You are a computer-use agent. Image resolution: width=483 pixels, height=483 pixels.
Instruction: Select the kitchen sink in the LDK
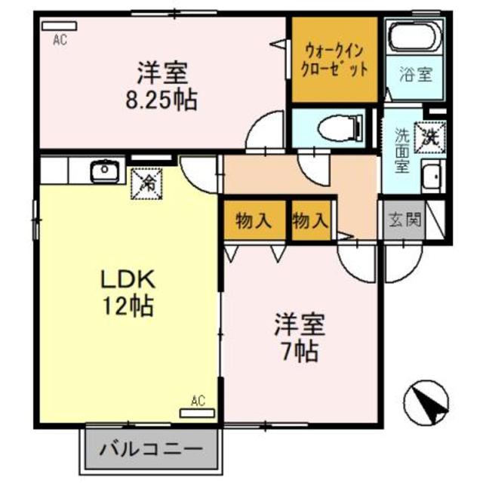pyautogui.click(x=102, y=171)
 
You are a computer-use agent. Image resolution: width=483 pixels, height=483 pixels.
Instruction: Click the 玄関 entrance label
pyautogui.click(x=405, y=222)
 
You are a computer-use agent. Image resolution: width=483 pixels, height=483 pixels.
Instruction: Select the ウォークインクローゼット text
pyautogui.click(x=335, y=59)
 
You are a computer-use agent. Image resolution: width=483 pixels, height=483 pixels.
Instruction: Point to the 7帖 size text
pyautogui.click(x=300, y=350)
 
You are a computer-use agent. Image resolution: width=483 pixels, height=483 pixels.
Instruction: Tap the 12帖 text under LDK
pyautogui.click(x=128, y=306)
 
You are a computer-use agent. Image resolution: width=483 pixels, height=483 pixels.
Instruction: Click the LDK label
pyautogui.click(x=128, y=279)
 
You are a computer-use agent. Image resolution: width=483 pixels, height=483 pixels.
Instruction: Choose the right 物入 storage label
pyautogui.click(x=309, y=220)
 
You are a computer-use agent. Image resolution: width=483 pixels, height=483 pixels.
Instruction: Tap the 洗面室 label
pyautogui.click(x=402, y=151)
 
